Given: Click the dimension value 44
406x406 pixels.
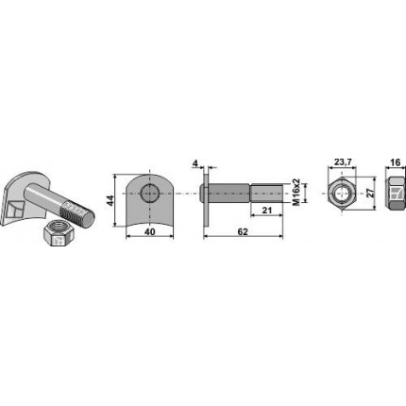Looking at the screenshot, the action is [x=110, y=200].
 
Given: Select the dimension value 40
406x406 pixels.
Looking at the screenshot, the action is [x=150, y=232].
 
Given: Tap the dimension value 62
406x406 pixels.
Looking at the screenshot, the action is [x=243, y=232].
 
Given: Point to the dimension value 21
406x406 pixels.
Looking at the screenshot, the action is [x=266, y=211].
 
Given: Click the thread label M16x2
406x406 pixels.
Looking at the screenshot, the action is [x=296, y=193].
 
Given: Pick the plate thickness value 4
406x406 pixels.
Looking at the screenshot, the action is [x=195, y=163].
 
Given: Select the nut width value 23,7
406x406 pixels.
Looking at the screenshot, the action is [x=343, y=162].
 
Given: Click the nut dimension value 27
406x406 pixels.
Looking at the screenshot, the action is [x=372, y=193].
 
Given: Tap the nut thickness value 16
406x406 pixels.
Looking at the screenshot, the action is [x=395, y=162].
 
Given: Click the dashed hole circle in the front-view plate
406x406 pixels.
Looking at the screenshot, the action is [x=150, y=193].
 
